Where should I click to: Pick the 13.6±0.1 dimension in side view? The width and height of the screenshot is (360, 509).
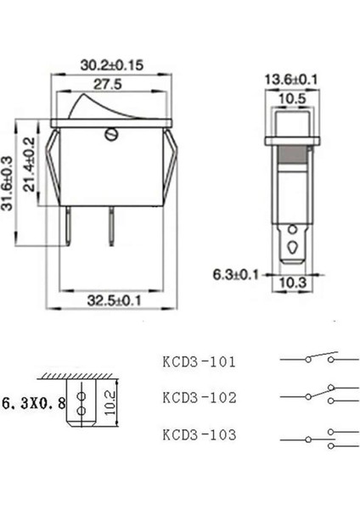[x=291, y=80]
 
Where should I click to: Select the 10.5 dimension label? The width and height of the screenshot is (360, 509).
[x=290, y=98]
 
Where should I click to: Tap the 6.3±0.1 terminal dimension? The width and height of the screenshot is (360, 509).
[x=236, y=274]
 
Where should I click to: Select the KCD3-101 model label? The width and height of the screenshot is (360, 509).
[x=199, y=361]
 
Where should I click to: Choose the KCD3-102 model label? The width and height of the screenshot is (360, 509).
[x=199, y=397]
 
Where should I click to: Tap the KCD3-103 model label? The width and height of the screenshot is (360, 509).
[x=199, y=434]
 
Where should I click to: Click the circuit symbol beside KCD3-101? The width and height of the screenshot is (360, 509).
[x=309, y=358]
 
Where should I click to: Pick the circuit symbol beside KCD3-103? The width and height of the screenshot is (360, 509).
[x=309, y=437]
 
